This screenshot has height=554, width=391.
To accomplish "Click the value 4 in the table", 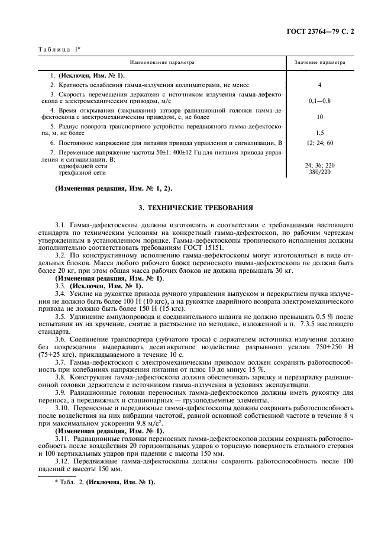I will (x=319, y=85).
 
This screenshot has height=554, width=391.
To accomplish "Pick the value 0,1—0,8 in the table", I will (x=319, y=101).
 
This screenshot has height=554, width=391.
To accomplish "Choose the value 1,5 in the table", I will (x=319, y=133).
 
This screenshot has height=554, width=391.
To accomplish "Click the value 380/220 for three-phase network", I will (x=319, y=173).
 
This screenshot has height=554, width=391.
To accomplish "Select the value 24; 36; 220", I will (x=319, y=166).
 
